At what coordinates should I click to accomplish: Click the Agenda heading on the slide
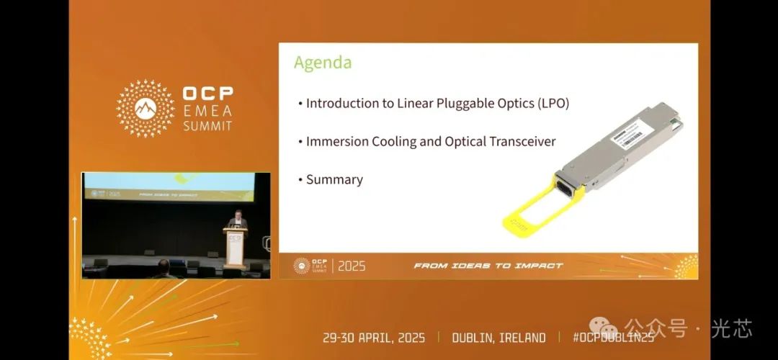coord(323,63)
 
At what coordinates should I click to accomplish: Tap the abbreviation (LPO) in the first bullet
coord(553,103)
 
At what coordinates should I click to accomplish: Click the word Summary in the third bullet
coord(334,179)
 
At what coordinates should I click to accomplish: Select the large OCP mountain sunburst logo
coord(146,108)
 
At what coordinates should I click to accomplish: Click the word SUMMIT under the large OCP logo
coord(207,125)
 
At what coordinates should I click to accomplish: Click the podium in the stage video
coord(235,248)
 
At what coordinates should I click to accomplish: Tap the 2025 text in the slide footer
coord(352,266)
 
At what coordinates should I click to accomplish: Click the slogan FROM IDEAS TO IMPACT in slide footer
coord(488,266)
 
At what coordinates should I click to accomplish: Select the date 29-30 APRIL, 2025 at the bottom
coord(373,338)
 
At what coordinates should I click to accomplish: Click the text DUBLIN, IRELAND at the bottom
coord(498,338)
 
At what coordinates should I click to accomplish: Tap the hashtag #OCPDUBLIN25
coord(613,338)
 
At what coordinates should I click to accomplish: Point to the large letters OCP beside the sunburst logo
coord(207,94)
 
